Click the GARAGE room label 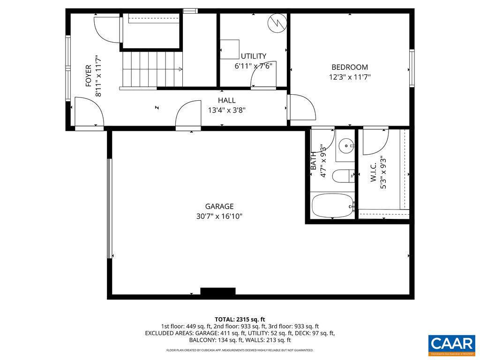pyautogui.click(x=219, y=206)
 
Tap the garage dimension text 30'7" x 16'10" pyautogui.click(x=219, y=216)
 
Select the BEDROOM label pyautogui.click(x=350, y=67)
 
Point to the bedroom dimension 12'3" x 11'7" pyautogui.click(x=350, y=77)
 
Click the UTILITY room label pyautogui.click(x=254, y=56)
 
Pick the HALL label pyautogui.click(x=227, y=100)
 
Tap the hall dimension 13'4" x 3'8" pyautogui.click(x=227, y=110)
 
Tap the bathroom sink pyautogui.click(x=347, y=146)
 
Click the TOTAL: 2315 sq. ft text pyautogui.click(x=240, y=319)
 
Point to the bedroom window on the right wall pyautogui.click(x=412, y=68)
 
